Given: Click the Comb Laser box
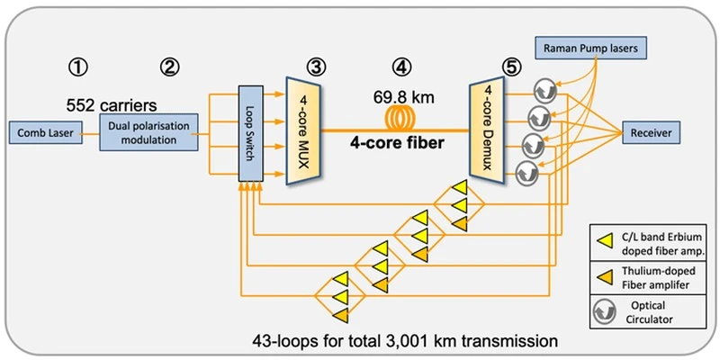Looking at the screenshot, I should pos(42,134).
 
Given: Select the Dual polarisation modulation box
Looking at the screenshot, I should pos(150,133).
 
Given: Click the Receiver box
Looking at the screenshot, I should pos(651,134).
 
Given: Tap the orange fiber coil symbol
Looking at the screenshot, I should pos(404,118).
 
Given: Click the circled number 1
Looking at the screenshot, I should pos(80,66).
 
